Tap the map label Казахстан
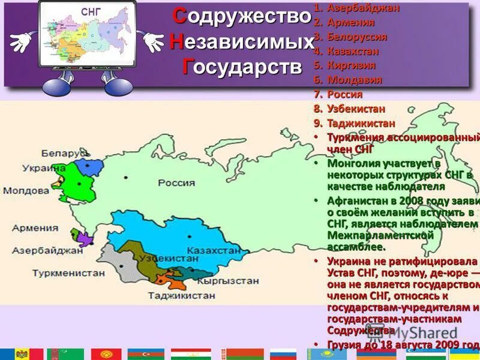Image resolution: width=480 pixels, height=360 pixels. click(x=209, y=250)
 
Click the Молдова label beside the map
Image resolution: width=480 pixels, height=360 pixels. click(x=26, y=191)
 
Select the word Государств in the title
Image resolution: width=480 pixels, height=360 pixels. click(x=242, y=67)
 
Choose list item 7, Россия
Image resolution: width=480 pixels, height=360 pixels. click(x=344, y=94)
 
